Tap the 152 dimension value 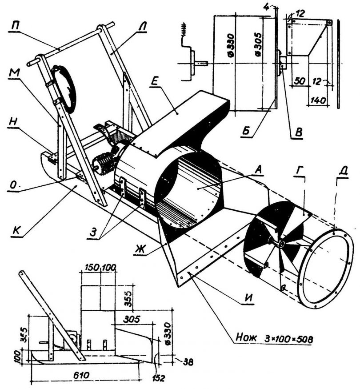click(159, 378)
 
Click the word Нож click(243, 340)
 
